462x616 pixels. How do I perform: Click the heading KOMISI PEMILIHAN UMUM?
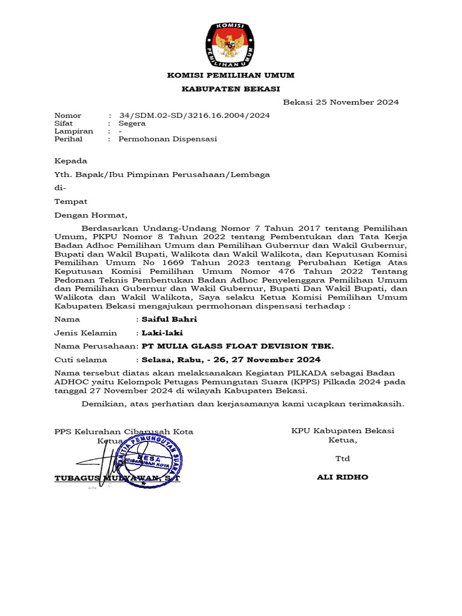[x=230, y=75]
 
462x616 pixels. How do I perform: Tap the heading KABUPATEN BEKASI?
[x=231, y=89]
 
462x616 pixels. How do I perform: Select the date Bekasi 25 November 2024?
[x=340, y=102]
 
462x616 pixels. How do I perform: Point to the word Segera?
[x=132, y=123]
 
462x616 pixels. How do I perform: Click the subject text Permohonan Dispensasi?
[x=167, y=139]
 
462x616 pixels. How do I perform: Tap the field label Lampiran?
[x=73, y=131]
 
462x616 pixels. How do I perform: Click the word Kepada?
[x=70, y=161]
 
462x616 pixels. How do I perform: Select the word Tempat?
[x=70, y=202]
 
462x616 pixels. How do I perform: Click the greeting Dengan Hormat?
[x=91, y=215]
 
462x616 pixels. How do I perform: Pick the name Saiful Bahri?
[x=168, y=319]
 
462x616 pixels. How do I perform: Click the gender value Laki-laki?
[x=162, y=333]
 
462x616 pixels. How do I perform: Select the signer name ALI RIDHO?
[x=342, y=477]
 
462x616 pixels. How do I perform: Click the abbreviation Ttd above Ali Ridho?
[x=342, y=459]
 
